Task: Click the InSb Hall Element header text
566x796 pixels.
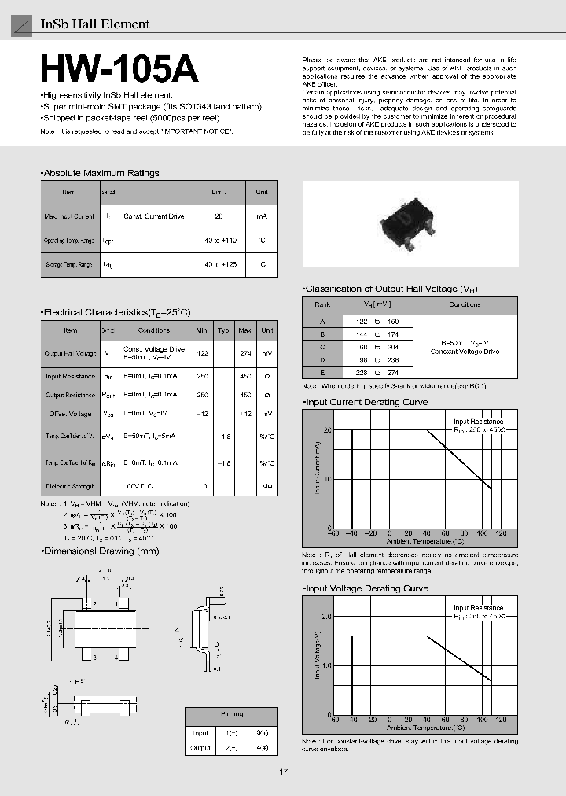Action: (94, 24)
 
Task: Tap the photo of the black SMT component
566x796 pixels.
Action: (410, 224)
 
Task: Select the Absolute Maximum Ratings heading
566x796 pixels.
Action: (101, 173)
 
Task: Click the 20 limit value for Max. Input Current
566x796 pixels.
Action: (219, 216)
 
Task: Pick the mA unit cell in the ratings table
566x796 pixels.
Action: (261, 216)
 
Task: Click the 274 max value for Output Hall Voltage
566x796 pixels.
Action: (245, 354)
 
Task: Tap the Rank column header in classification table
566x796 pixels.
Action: (322, 304)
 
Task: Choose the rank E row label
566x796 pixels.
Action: (322, 373)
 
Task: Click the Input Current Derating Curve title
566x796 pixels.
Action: (366, 402)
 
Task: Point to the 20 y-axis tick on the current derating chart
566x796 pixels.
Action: (327, 429)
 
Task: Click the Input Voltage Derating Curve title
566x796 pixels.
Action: (366, 588)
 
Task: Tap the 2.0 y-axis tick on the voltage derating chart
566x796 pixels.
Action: (326, 617)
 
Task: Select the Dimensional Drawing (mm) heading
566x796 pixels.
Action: (101, 551)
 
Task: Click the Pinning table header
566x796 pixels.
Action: (232, 714)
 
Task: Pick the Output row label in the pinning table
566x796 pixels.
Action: (200, 748)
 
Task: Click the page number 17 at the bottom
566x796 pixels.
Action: (283, 772)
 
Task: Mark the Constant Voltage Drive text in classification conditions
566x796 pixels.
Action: (465, 352)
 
